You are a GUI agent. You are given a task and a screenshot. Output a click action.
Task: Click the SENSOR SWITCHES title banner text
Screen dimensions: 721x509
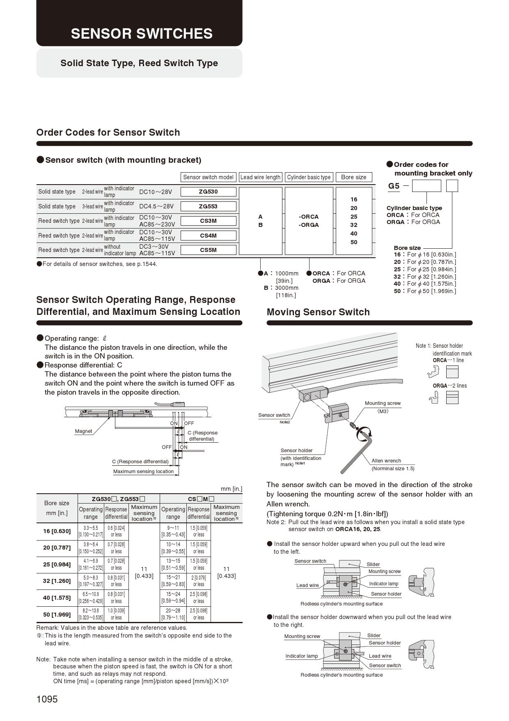(142, 34)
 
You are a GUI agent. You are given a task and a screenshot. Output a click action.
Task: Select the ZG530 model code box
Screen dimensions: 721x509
(209, 192)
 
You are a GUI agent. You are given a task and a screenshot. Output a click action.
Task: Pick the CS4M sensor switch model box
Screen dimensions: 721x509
(209, 236)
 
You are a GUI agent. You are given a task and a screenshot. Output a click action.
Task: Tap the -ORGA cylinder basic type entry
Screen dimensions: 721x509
(309, 225)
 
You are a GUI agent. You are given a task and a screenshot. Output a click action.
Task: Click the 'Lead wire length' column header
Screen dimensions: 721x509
(260, 177)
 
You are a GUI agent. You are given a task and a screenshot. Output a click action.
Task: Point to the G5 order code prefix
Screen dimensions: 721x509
(394, 186)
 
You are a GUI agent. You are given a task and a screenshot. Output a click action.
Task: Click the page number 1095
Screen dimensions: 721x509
(47, 699)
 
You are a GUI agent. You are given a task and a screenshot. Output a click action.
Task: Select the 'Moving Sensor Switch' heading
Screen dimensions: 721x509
(318, 312)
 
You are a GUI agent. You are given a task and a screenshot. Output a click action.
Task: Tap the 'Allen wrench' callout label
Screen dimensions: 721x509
(386, 461)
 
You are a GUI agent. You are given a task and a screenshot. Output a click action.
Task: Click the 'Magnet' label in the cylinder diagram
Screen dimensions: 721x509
(83, 431)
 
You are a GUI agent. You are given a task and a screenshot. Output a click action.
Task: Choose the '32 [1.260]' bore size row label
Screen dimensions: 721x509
(57, 581)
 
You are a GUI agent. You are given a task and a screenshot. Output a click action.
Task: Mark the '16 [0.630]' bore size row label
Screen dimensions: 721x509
(57, 531)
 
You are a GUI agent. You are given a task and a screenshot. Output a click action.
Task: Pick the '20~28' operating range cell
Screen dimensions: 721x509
(173, 611)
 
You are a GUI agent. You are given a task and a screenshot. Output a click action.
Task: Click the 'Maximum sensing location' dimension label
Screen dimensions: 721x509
(143, 471)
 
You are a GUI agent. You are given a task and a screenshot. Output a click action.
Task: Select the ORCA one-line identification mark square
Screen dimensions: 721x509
(452, 372)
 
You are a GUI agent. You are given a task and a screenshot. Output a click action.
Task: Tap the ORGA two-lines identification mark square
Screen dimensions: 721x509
(452, 397)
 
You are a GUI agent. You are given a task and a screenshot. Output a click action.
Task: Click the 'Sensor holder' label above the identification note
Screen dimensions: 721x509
(296, 451)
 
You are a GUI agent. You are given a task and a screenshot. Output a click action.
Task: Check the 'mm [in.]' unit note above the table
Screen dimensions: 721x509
(231, 489)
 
